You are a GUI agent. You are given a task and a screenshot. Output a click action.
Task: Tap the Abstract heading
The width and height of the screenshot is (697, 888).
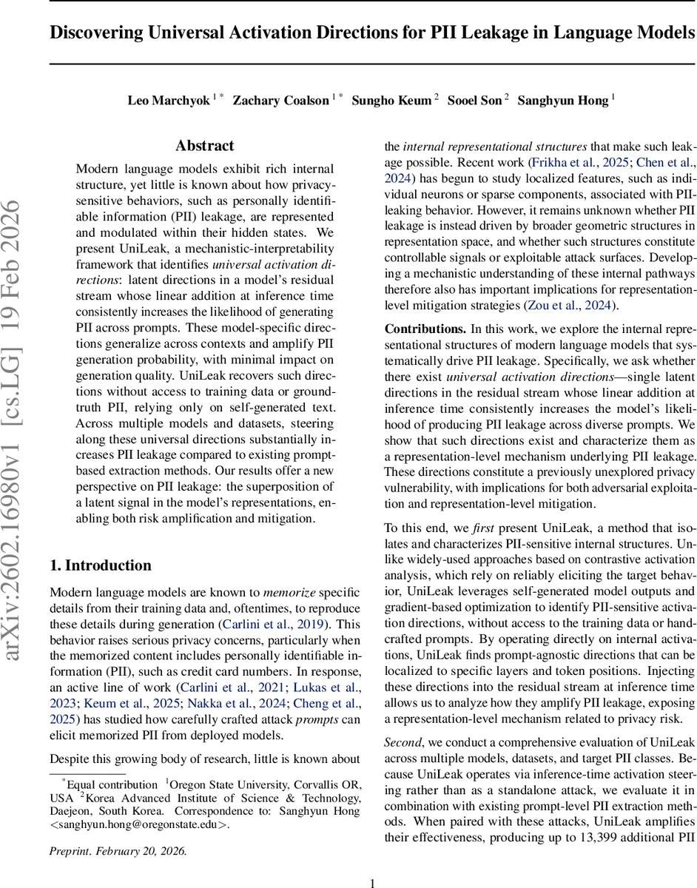coord(204,146)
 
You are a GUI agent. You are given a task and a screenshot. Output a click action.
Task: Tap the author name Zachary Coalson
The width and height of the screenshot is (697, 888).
coord(281,100)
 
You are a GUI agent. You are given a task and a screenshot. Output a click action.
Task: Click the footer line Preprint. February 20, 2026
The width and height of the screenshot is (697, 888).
coord(118,851)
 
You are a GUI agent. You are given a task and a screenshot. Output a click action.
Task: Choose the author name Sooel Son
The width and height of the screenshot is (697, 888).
coord(474,100)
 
